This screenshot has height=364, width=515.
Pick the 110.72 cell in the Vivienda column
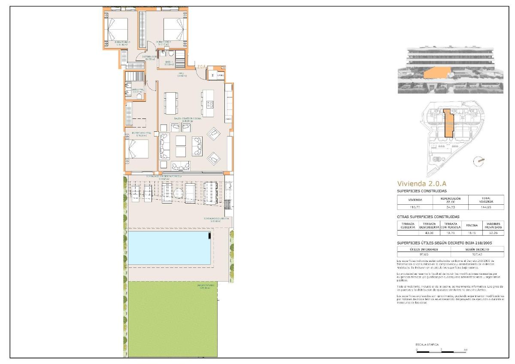(414, 207)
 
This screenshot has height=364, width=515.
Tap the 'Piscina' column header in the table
(469, 225)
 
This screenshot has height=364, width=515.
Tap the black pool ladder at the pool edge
(209, 235)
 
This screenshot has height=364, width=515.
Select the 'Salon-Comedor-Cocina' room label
(188, 118)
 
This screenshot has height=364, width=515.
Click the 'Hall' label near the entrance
(182, 73)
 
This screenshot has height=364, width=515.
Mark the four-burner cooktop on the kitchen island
(210, 104)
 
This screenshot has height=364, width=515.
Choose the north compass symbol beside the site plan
(479, 161)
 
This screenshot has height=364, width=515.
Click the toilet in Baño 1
(171, 54)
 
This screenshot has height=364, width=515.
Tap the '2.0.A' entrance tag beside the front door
(202, 67)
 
